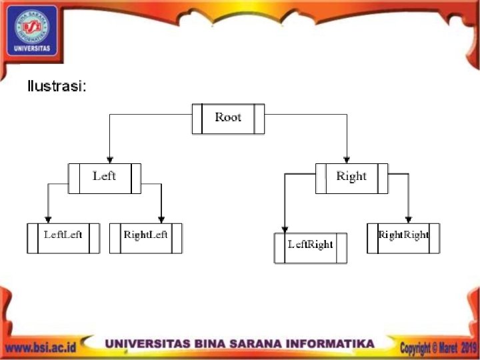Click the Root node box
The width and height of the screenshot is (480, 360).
tap(228, 118)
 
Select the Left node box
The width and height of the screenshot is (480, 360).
tap(105, 177)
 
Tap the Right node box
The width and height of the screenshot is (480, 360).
tap(351, 177)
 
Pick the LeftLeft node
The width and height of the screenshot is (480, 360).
tap(63, 237)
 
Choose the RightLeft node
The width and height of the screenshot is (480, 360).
tap(146, 237)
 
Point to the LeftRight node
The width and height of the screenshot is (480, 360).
tap(310, 247)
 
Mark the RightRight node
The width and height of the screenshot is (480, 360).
tap(403, 237)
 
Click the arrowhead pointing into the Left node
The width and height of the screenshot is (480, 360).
tap(109, 159)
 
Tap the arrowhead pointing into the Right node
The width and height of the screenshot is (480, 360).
tap(347, 159)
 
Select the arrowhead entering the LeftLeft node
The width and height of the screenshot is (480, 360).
tap(48, 219)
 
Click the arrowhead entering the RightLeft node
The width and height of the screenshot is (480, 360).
tap(161, 219)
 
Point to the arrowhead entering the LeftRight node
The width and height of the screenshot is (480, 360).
tap(285, 229)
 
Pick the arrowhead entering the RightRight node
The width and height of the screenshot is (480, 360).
tap(409, 219)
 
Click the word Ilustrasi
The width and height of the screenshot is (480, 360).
tap(57, 87)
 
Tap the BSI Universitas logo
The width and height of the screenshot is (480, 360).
tap(32, 31)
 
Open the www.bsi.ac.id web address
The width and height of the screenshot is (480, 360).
tap(40, 347)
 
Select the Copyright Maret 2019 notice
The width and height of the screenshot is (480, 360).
tap(438, 347)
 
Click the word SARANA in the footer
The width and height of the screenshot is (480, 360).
tap(253, 344)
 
